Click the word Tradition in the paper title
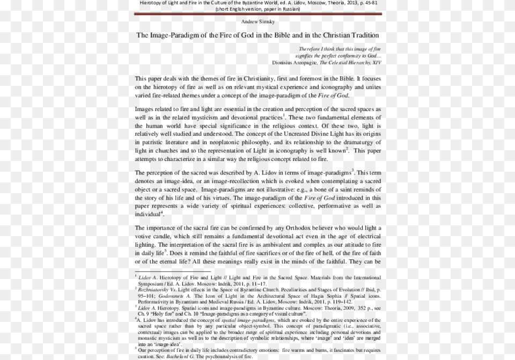(363, 35)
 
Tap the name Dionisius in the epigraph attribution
(285, 62)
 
